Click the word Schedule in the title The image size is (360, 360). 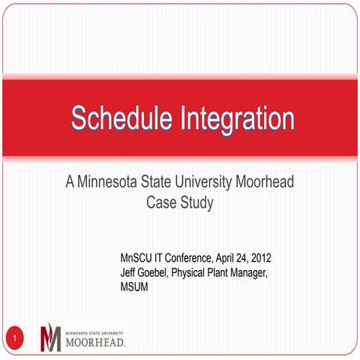point(121,118)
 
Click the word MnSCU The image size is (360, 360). point(136,259)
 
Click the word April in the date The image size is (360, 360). point(235,259)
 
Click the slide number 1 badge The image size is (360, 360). point(13,340)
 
